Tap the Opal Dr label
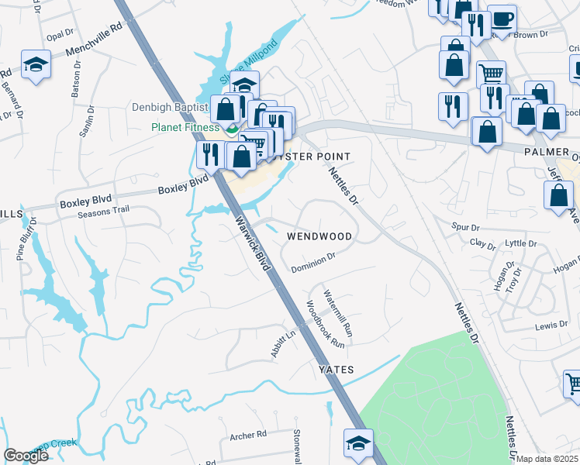[x=59, y=36]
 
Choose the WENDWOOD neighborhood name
[x=319, y=236]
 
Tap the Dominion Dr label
[x=313, y=263]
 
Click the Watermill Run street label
[x=337, y=315]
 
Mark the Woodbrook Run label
[x=325, y=323]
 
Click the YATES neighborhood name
[x=337, y=370]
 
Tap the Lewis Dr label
[x=551, y=326]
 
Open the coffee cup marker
[x=502, y=19]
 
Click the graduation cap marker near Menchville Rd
[x=36, y=64]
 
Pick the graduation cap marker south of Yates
[x=357, y=443]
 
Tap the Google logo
[x=25, y=456]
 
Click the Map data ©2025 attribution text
[x=547, y=459]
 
